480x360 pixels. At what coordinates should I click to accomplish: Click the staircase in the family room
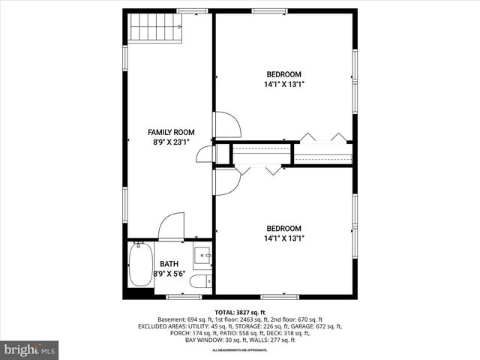[155, 28]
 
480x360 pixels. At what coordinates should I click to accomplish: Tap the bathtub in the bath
[139, 265]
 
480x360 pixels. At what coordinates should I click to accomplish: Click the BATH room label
[169, 264]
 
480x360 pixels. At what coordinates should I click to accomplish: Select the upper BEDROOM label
[284, 74]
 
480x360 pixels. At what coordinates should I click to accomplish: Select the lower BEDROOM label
[284, 229]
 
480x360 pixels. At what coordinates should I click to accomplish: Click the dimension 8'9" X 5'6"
[169, 274]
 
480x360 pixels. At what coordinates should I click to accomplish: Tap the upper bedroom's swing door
[226, 124]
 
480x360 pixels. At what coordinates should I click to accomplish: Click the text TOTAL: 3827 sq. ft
[240, 312]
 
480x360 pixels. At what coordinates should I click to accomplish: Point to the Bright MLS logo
[30, 349]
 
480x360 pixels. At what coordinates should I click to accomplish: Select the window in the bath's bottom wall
[184, 296]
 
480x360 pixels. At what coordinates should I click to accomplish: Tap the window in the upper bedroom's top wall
[269, 10]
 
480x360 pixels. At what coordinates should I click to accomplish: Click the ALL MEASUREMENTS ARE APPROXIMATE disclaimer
[240, 350]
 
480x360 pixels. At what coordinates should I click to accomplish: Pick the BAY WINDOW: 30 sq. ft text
[214, 340]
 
